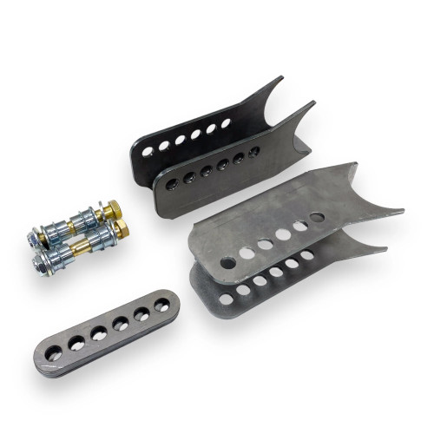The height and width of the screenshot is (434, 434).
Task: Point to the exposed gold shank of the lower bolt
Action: [x=79, y=247]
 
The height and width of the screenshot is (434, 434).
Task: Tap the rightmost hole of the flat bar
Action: [x=161, y=306]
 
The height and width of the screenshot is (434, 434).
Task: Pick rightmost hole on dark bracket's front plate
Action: [x=253, y=152]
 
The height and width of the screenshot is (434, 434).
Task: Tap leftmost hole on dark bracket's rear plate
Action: [x=148, y=151]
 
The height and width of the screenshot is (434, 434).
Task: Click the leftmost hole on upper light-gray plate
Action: [x=227, y=262]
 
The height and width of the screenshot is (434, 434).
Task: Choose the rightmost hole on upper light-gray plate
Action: [x=318, y=218]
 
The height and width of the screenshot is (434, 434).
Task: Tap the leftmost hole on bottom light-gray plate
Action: [x=227, y=299]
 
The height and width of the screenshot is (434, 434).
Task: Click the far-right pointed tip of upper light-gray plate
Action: [x=401, y=210]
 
